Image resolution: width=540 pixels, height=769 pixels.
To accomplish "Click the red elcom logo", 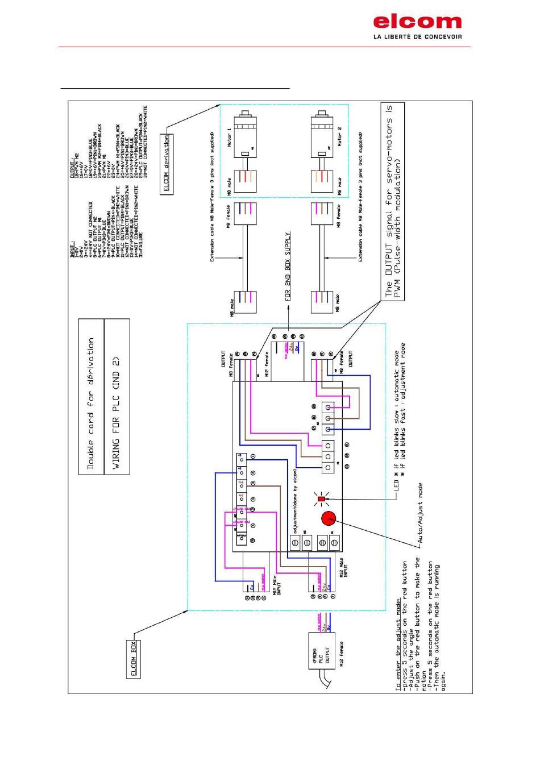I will [x=417, y=22].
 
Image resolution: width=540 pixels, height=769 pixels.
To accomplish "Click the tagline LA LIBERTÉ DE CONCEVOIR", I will [x=417, y=37].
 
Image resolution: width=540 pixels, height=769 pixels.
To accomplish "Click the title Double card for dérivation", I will [x=91, y=404].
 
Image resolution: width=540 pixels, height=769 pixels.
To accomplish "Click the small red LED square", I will [x=321, y=499].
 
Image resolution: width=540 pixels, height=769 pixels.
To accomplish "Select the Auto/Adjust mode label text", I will [x=421, y=514].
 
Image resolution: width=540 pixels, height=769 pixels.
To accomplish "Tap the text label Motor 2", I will [x=339, y=136].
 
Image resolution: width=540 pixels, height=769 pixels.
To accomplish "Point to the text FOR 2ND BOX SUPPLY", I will [x=289, y=265].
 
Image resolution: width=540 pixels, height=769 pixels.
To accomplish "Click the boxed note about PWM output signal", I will [x=393, y=202].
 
